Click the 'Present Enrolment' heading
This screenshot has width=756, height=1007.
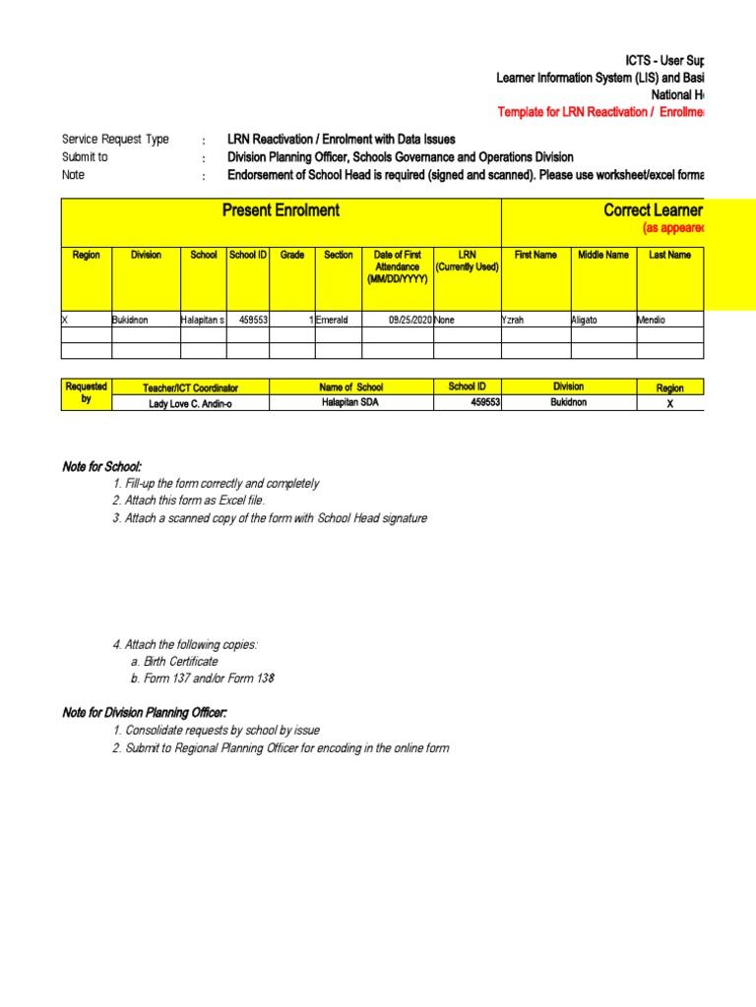point(281,209)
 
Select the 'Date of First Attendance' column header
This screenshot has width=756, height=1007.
point(397,267)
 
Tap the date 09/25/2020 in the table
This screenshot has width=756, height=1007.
point(410,320)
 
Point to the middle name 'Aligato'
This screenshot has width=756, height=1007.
point(590,320)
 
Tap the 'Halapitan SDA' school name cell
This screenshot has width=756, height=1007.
point(350,403)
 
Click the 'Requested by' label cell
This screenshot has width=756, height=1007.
point(86,393)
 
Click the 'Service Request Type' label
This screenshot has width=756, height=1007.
point(115,140)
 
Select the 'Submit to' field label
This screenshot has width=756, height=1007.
point(85,157)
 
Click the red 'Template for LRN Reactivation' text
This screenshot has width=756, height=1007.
point(600,113)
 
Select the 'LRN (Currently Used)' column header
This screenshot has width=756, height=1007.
point(467,261)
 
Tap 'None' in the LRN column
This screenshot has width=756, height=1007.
point(444,320)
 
